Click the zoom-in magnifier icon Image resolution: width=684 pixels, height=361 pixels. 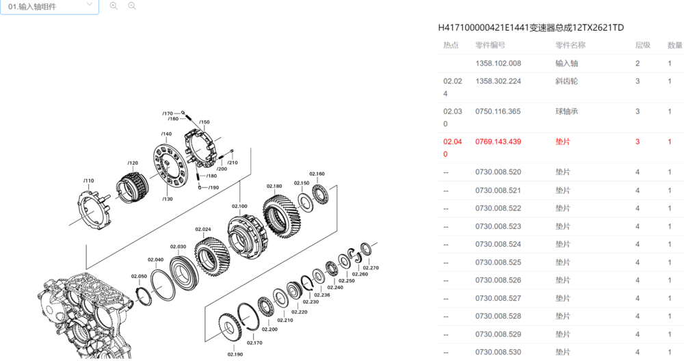[114, 6]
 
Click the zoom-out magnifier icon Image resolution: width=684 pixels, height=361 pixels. [132, 6]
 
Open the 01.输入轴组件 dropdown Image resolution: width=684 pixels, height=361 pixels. [49, 7]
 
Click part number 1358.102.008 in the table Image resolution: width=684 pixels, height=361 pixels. [498, 63]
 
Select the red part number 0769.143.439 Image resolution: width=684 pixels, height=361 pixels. [498, 142]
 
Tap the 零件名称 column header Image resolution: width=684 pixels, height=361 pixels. [570, 45]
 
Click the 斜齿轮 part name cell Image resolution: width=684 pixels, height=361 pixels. [566, 81]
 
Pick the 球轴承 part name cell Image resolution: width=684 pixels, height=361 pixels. [566, 111]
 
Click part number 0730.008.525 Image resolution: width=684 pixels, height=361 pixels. [498, 263]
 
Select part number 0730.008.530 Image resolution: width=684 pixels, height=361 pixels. [498, 352]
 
